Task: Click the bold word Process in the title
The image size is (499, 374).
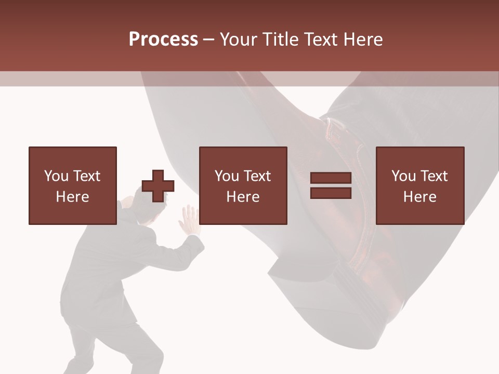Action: (x=163, y=39)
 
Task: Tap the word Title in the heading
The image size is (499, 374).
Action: (x=281, y=39)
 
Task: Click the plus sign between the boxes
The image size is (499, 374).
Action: (x=158, y=186)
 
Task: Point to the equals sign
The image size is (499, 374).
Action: (x=331, y=186)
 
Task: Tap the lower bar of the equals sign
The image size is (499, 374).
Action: (x=331, y=193)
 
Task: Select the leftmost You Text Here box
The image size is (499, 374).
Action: (x=73, y=186)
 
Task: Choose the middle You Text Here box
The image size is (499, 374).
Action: (x=243, y=186)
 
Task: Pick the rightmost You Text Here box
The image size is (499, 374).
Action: (x=420, y=186)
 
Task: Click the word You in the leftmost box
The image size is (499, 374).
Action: (x=56, y=176)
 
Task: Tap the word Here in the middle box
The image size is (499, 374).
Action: (x=243, y=197)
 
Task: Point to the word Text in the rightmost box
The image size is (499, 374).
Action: (x=434, y=176)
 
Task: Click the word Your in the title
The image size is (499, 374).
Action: (x=239, y=39)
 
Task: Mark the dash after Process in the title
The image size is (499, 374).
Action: (x=209, y=39)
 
